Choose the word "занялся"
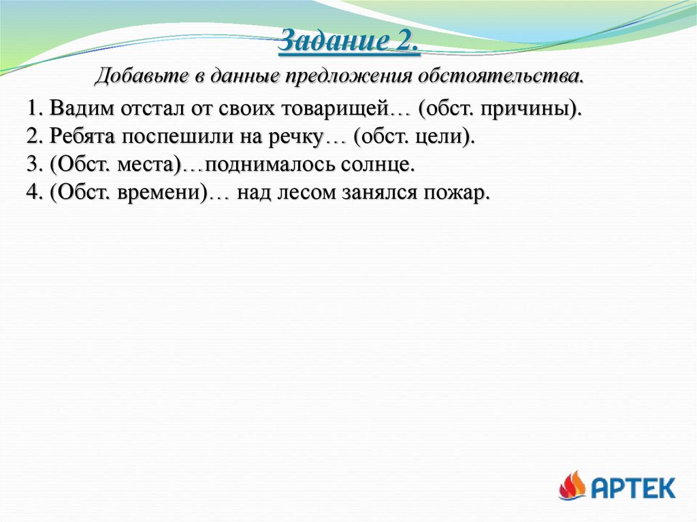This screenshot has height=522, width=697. [380, 193]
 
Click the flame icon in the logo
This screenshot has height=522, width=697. [572, 486]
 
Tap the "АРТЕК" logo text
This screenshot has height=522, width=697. [632, 487]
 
